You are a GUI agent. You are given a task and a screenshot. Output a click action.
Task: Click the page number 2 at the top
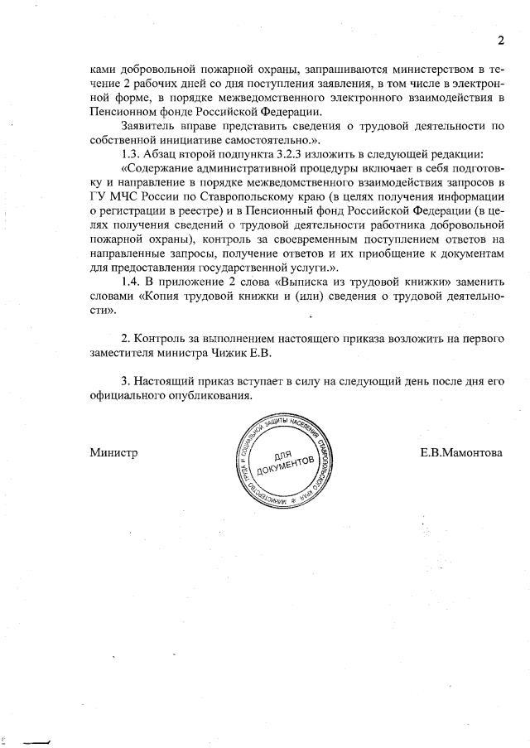click(x=500, y=41)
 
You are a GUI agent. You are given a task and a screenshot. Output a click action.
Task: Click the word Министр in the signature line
click(x=113, y=452)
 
